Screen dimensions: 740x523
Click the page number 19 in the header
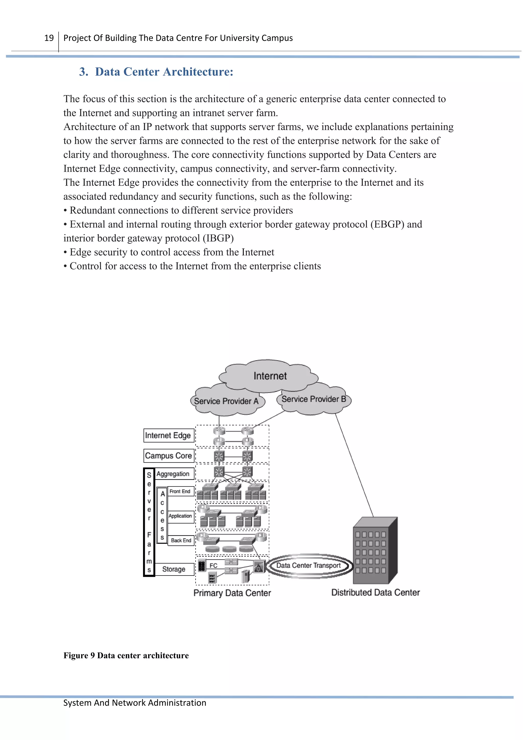point(49,38)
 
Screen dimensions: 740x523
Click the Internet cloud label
point(270,376)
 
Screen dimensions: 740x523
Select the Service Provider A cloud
point(226,401)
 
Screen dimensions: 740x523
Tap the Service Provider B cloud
point(314,399)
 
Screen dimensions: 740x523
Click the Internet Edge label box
point(169,435)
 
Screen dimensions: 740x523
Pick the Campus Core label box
point(169,456)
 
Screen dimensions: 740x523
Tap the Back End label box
point(181,541)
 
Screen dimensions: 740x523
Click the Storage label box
point(174,569)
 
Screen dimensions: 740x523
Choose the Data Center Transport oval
point(308,565)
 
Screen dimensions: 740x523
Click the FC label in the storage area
point(213,566)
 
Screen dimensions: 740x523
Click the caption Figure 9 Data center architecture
point(126,655)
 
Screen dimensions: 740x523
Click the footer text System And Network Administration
point(135,703)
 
